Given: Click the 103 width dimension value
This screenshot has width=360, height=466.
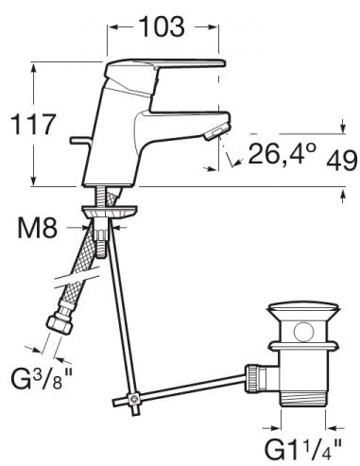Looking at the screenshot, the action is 163,26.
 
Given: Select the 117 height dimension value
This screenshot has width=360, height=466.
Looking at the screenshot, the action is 33,124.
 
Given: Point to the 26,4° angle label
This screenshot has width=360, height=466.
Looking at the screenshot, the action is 283,153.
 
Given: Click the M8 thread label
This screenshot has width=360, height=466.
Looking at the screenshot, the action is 38,228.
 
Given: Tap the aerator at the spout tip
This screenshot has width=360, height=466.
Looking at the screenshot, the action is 215,132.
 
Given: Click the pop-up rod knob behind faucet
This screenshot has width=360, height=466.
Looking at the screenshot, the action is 80,141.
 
